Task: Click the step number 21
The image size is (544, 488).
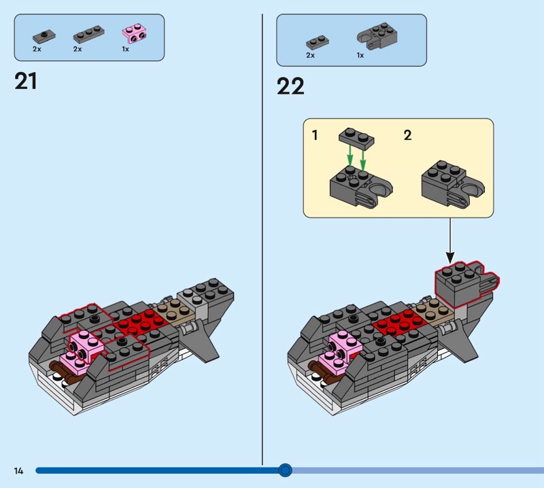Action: [x=26, y=82]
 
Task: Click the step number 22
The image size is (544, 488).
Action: [x=290, y=86]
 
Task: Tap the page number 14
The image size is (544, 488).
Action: [x=18, y=470]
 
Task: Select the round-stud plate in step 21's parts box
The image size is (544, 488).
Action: [x=46, y=35]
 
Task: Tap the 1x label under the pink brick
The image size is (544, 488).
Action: [x=125, y=50]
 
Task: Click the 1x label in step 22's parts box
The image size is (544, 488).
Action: [x=360, y=56]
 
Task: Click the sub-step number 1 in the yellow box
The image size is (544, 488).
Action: [x=314, y=135]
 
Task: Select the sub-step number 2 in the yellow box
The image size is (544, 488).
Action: [x=407, y=135]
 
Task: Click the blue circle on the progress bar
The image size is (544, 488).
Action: [x=286, y=470]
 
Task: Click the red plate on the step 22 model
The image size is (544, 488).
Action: [x=396, y=320]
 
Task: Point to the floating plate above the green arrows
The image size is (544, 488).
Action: [x=356, y=138]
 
